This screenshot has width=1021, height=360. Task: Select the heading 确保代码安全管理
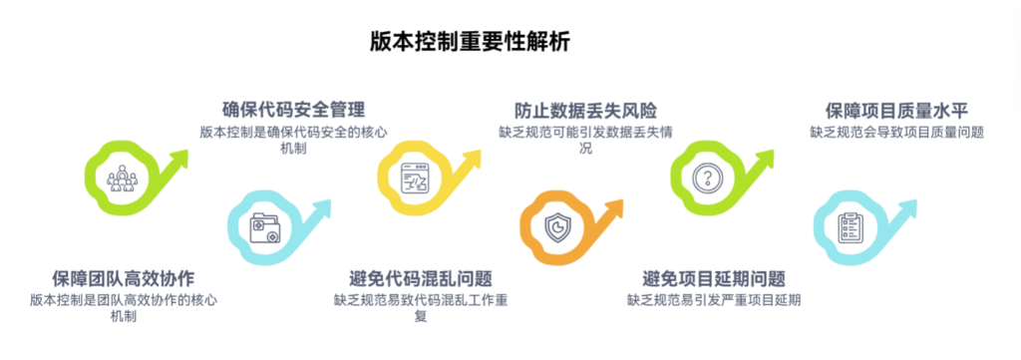coord(293,110)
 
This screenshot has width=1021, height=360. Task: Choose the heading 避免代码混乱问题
coord(421,277)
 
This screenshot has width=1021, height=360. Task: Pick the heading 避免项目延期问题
coord(714,277)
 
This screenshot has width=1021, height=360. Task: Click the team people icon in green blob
coord(123,179)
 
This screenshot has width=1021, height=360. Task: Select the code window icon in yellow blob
coord(414,179)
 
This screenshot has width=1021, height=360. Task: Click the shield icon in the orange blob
coord(558,228)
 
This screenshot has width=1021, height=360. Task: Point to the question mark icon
coord(707,179)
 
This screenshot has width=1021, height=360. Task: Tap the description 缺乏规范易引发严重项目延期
coord(714,299)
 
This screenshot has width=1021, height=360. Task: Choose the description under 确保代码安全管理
coord(293,140)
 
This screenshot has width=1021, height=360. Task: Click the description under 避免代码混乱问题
coord(421,307)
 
